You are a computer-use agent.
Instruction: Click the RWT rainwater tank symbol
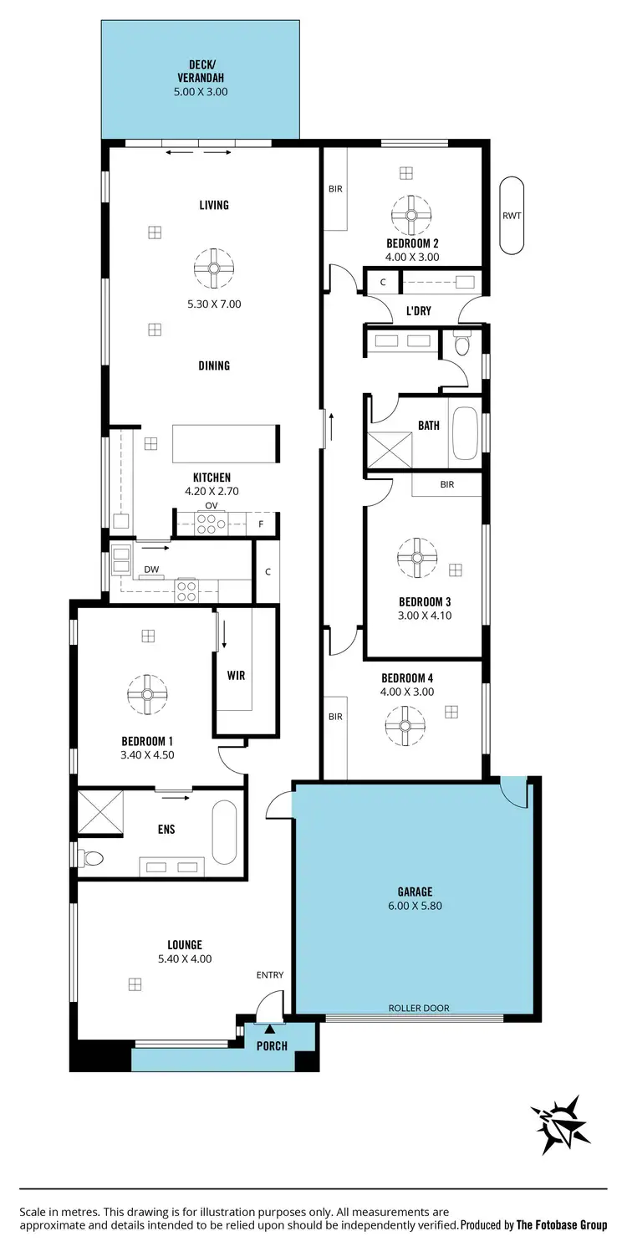point(512,216)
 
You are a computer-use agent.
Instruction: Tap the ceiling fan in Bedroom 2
point(410,215)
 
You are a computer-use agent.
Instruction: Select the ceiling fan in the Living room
point(214,268)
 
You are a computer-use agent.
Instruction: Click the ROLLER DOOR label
point(419,1008)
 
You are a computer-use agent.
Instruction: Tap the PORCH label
point(272,1045)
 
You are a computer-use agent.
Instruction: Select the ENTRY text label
point(270,974)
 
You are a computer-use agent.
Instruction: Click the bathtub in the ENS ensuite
point(224,832)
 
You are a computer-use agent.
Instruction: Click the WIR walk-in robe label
point(237,675)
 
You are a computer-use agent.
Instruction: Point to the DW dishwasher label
point(151,569)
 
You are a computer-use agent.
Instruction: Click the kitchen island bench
point(225,443)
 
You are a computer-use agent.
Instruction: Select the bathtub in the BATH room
point(464,433)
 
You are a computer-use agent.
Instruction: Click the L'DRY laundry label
point(418,311)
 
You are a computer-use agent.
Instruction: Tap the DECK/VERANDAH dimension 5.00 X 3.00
point(201,92)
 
